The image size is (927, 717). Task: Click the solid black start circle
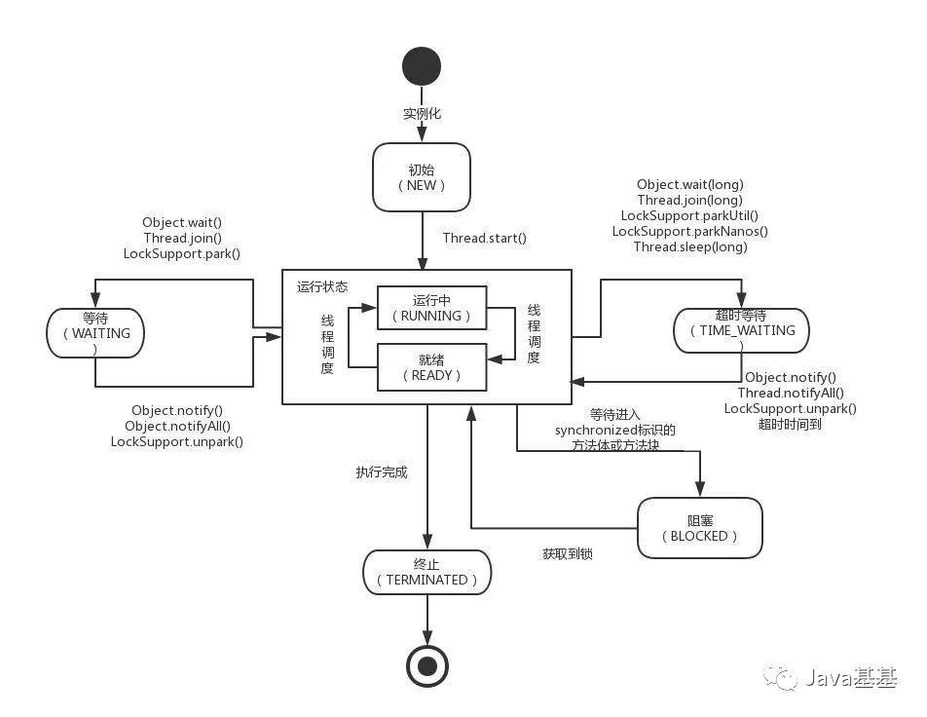click(x=422, y=66)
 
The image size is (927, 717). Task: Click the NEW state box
click(x=422, y=177)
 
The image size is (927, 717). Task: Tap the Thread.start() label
click(x=484, y=238)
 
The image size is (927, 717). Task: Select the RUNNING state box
click(x=431, y=308)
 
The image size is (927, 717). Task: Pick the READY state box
click(x=431, y=367)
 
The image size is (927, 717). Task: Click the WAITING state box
click(x=94, y=333)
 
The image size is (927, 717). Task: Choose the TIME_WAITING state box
click(x=741, y=330)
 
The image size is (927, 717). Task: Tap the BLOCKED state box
click(x=699, y=528)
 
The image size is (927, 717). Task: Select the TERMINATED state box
click(x=427, y=572)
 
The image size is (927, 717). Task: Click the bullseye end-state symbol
click(x=426, y=666)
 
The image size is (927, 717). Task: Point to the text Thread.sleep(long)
click(x=690, y=246)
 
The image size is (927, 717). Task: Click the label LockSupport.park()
click(x=181, y=253)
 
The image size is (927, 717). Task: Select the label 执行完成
click(x=382, y=472)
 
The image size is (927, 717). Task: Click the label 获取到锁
click(x=568, y=553)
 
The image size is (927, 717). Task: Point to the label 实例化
click(x=422, y=114)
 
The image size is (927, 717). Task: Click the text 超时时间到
click(x=790, y=424)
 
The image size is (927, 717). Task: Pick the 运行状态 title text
click(x=322, y=287)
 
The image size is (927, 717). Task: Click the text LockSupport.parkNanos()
click(x=690, y=231)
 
